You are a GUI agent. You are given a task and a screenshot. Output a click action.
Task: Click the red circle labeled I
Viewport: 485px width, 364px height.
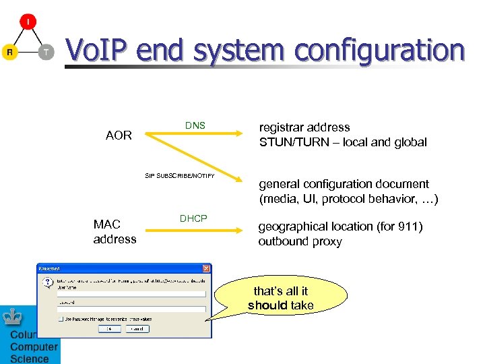tap(28, 22)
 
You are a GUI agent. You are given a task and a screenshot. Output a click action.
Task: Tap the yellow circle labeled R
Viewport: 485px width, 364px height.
tap(9, 52)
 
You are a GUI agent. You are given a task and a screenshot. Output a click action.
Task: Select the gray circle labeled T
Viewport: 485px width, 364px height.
tap(46, 52)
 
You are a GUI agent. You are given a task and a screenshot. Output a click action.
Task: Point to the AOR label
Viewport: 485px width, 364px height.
tap(119, 135)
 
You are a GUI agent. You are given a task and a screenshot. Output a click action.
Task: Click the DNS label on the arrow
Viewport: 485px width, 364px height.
tap(195, 126)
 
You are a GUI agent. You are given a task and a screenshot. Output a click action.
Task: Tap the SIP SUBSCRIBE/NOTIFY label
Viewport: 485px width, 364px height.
tap(180, 176)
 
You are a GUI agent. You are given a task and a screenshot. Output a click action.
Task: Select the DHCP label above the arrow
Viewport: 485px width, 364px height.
tap(193, 218)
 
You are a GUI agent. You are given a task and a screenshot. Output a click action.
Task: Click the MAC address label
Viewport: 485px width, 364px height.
tap(115, 233)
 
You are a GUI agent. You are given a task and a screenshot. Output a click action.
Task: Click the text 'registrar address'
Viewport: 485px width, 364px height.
tap(304, 127)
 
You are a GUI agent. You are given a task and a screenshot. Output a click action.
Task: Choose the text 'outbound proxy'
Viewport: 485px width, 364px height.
tap(300, 241)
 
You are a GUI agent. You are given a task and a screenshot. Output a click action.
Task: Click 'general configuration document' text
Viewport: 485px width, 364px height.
tap(344, 184)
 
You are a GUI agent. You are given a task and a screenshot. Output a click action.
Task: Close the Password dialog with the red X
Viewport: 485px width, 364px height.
tap(206, 268)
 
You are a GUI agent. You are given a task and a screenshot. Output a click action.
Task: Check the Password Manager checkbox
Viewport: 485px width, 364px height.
tap(61, 318)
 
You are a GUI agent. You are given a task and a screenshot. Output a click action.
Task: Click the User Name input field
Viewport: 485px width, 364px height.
tap(131, 294)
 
